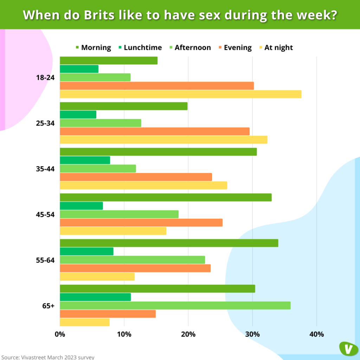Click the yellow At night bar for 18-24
pyautogui.click(x=180, y=94)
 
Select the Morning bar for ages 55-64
pyautogui.click(x=169, y=243)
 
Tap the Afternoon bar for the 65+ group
pyautogui.click(x=175, y=306)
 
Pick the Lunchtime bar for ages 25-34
pyautogui.click(x=78, y=115)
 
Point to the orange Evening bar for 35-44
pyautogui.click(x=136, y=177)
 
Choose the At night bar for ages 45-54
pyautogui.click(x=113, y=231)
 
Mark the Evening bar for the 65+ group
pyautogui.click(x=108, y=314)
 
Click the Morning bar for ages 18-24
pyautogui.click(x=109, y=60)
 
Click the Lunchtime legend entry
pyautogui.click(x=140, y=47)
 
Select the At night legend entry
pyautogui.click(x=276, y=47)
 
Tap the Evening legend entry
pyautogui.click(x=235, y=47)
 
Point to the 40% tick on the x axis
pyautogui.click(x=316, y=334)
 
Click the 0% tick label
pyautogui.click(x=60, y=334)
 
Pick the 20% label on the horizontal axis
pyautogui.click(x=188, y=334)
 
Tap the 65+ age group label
pyautogui.click(x=49, y=306)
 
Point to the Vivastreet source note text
pyautogui.click(x=47, y=357)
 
